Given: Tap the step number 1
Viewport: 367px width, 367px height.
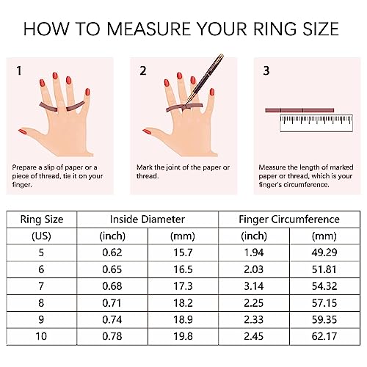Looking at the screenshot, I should (x=19, y=72).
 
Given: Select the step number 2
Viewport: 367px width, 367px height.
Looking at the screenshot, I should (x=144, y=72).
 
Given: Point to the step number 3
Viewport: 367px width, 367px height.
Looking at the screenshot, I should (x=266, y=72).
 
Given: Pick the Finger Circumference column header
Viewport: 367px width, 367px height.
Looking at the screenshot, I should (x=289, y=219).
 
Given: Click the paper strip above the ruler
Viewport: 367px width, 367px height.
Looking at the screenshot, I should (x=298, y=109).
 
